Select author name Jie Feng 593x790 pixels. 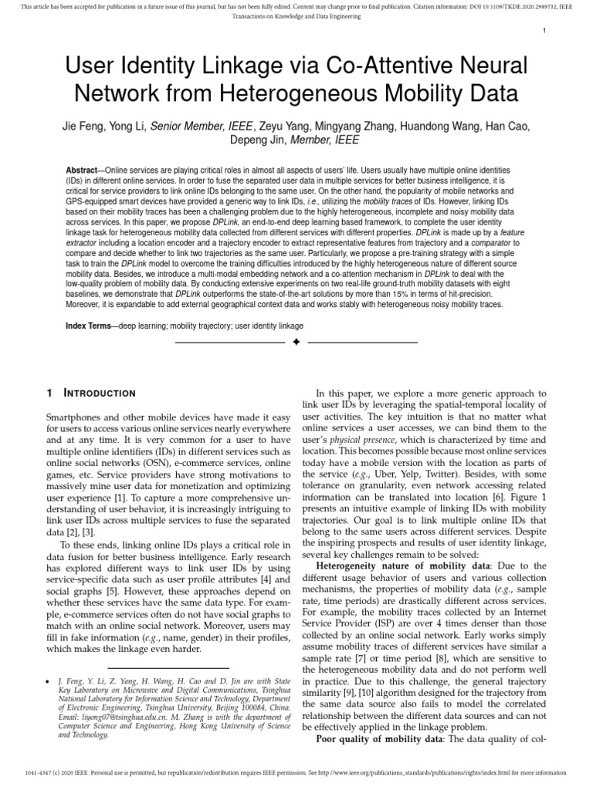click(82, 126)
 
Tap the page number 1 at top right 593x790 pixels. click(544, 30)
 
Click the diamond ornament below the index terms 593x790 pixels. click(296, 341)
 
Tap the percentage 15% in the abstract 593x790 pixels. click(408, 294)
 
